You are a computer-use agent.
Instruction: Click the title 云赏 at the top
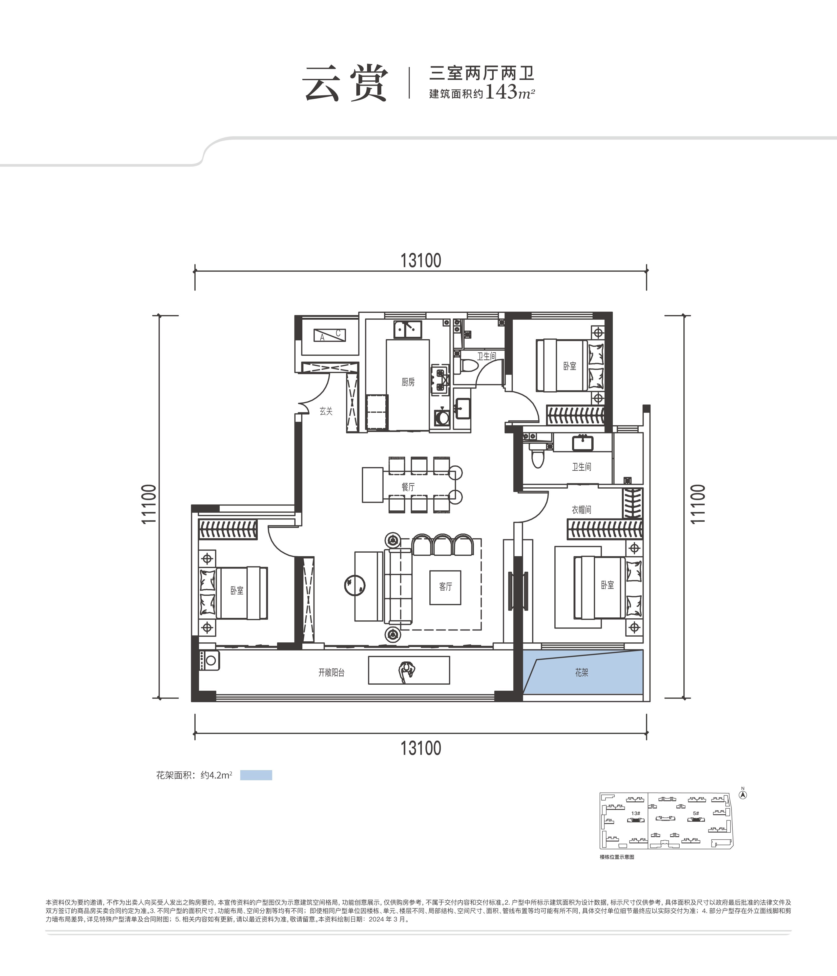point(345,84)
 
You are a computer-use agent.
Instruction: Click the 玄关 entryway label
point(326,411)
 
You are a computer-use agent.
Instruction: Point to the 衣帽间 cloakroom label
point(581,510)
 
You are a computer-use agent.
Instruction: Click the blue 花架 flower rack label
point(581,673)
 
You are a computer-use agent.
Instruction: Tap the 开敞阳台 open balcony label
point(331,673)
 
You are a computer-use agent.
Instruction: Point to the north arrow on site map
point(743,795)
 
